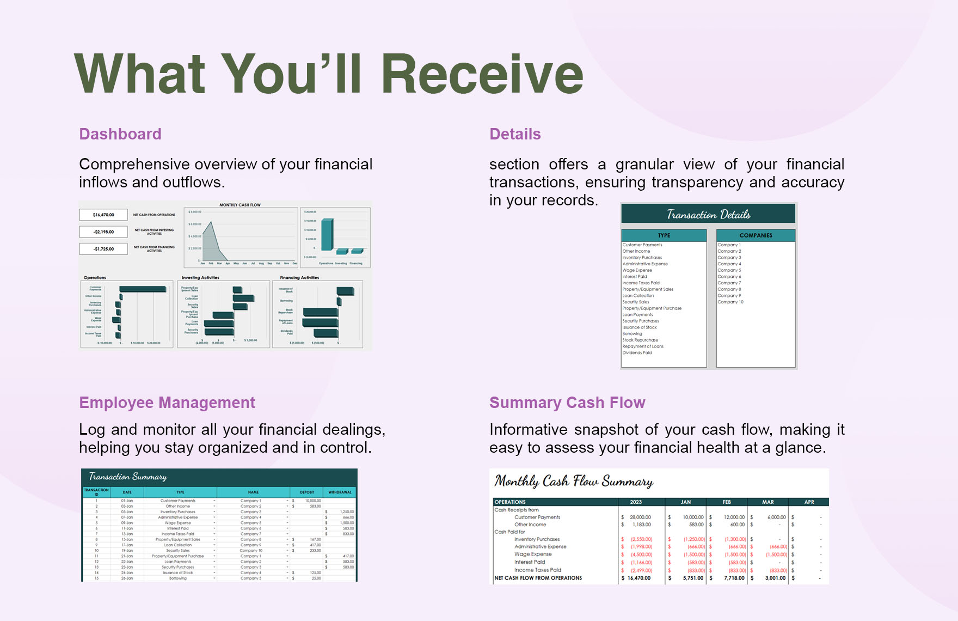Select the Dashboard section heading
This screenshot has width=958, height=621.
coord(120,134)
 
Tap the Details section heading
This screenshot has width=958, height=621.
coord(515,134)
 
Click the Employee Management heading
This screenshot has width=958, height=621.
coord(167,403)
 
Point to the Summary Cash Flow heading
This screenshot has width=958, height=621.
coord(567,403)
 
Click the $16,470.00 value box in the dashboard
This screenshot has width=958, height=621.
coord(103,215)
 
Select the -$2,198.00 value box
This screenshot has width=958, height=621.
coord(103,232)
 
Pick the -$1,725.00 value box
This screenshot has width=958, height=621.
coord(103,249)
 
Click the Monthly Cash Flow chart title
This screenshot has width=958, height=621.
coord(240,205)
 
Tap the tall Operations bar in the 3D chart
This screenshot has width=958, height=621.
coord(327,234)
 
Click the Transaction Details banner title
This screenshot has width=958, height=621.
coord(708,215)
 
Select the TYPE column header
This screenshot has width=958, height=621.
coord(664,235)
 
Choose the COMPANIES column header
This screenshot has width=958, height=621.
coord(756,235)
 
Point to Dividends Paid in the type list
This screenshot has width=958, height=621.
coord(637,352)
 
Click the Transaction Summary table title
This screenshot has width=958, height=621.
coord(128,477)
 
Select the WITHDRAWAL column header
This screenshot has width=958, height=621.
coord(340,492)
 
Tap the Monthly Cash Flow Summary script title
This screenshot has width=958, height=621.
coord(574,482)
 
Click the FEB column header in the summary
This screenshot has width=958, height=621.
coord(727,502)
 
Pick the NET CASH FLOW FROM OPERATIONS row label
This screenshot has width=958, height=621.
coord(538,578)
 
